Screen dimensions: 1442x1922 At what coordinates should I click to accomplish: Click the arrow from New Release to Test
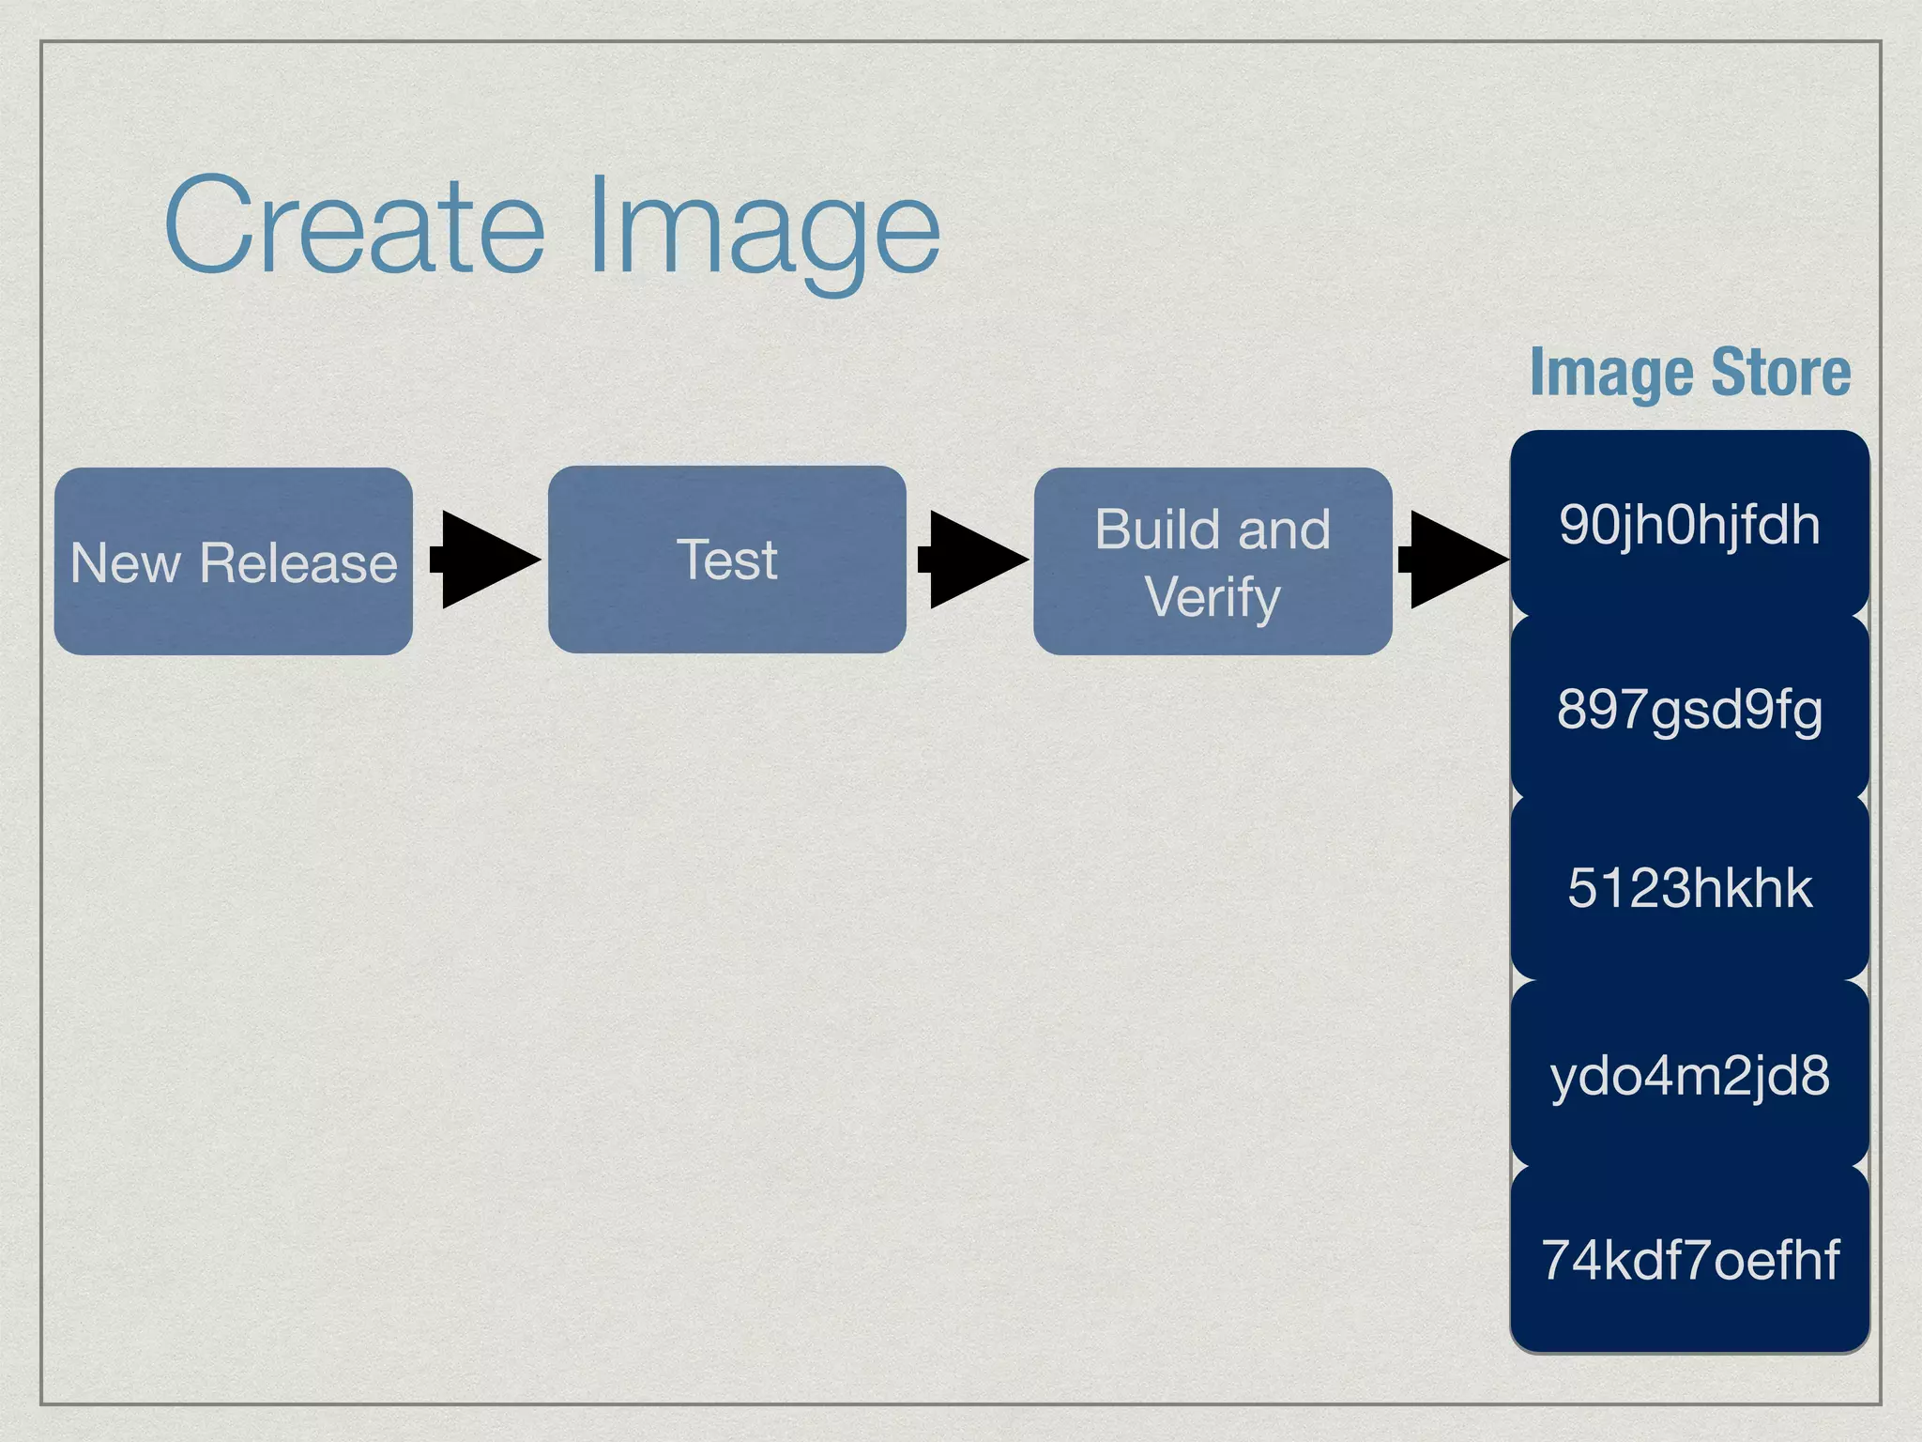coord(483,560)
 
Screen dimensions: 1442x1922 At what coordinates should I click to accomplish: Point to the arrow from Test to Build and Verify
coord(971,560)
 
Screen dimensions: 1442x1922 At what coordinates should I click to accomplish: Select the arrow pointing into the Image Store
coord(1453,560)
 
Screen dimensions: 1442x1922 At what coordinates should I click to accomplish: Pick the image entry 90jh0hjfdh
coord(1689,524)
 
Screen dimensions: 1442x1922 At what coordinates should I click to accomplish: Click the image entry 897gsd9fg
coord(1689,710)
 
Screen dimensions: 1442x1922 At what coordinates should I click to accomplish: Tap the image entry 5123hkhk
coord(1689,888)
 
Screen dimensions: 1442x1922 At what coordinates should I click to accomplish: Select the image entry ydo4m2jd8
coord(1689,1075)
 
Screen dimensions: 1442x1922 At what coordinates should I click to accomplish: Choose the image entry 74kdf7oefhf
coord(1689,1260)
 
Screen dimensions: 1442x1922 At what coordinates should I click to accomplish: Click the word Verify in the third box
coord(1213,597)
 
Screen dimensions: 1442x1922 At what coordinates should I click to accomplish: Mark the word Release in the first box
coord(298,563)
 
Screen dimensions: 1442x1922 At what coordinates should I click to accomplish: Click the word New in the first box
coord(126,563)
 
